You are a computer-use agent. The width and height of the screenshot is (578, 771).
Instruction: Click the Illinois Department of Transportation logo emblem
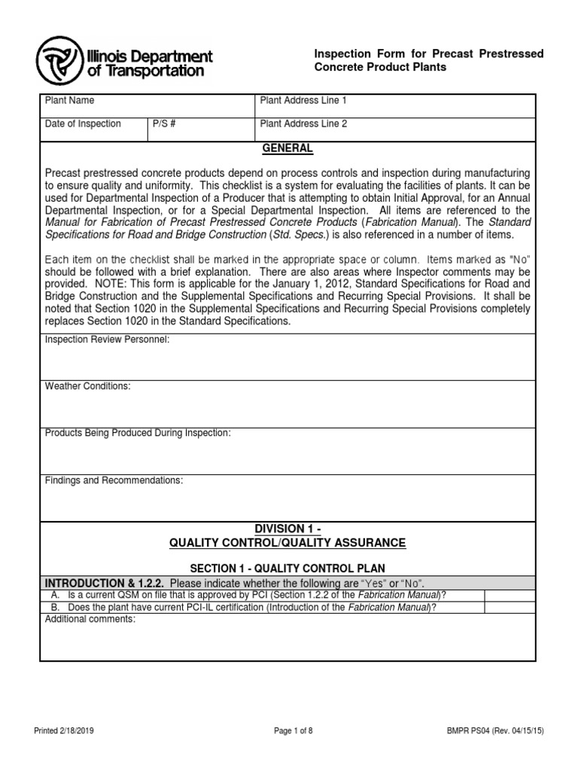pyautogui.click(x=59, y=59)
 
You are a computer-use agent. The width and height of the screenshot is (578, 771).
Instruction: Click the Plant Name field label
pyautogui.click(x=70, y=101)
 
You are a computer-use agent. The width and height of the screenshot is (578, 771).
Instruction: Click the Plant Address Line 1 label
pyautogui.click(x=304, y=101)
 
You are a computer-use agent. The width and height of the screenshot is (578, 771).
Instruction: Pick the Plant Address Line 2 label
pyautogui.click(x=304, y=124)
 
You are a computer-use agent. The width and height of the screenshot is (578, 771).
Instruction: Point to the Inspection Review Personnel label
pyautogui.click(x=108, y=340)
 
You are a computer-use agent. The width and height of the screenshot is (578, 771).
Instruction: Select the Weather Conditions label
pyautogui.click(x=88, y=386)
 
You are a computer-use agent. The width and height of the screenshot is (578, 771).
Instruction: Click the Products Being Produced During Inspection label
pyautogui.click(x=138, y=433)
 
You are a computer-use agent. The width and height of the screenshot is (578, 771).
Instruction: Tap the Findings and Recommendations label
pyautogui.click(x=114, y=480)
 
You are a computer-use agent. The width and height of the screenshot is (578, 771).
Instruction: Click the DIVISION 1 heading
pyautogui.click(x=287, y=528)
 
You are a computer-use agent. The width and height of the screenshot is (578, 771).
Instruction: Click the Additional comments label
pyautogui.click(x=90, y=619)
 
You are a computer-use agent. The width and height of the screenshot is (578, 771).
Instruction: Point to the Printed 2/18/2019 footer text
pyautogui.click(x=64, y=730)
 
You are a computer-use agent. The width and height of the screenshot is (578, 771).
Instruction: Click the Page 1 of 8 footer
pyautogui.click(x=288, y=730)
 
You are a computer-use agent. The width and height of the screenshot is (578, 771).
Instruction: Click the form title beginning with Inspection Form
pyautogui.click(x=427, y=61)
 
